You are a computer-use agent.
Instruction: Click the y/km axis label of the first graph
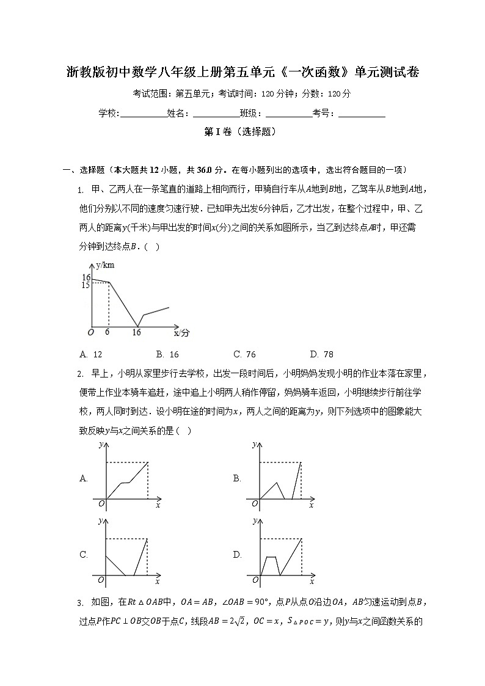[x=106, y=266]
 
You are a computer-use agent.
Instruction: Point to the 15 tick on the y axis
[x=86, y=285]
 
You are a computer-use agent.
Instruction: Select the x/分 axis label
[x=181, y=334]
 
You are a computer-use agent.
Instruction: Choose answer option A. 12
[x=91, y=354]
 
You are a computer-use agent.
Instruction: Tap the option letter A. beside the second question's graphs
[x=84, y=479]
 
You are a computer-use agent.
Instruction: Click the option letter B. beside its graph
[x=237, y=479]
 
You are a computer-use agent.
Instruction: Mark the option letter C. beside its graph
[x=84, y=555]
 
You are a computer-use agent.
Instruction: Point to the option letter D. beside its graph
[x=237, y=555]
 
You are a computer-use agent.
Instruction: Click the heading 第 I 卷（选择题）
[x=242, y=131]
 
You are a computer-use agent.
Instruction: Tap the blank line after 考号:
[x=362, y=114]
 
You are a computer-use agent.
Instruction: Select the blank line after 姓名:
[x=216, y=114]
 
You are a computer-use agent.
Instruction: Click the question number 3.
[x=80, y=604]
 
